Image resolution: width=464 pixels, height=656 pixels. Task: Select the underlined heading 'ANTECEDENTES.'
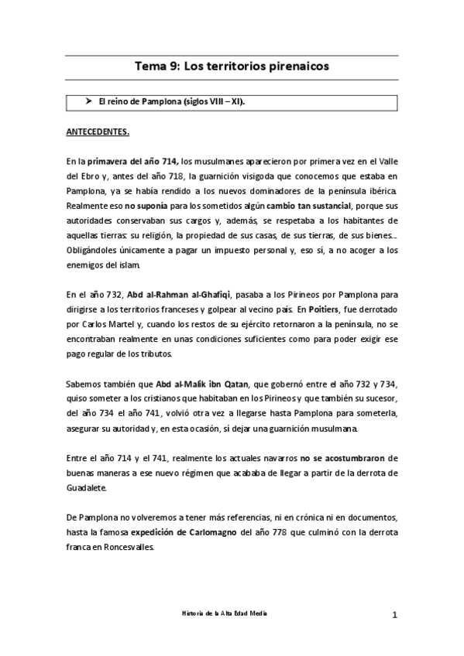[98, 132]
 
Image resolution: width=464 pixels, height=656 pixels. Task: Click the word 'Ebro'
[79, 176]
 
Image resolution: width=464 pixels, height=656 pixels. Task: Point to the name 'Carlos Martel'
[101, 325]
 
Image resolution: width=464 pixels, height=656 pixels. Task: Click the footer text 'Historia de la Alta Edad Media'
[232, 612]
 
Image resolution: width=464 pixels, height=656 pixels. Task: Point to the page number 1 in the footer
[394, 615]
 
